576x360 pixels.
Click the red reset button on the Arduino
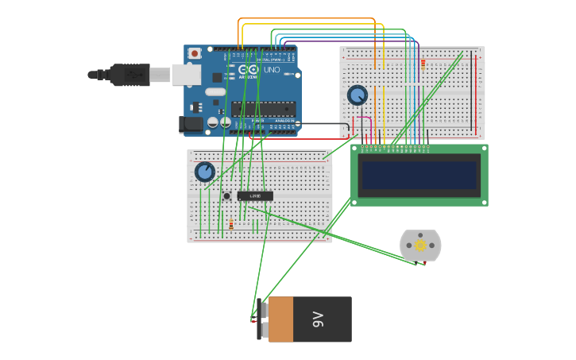click(x=195, y=53)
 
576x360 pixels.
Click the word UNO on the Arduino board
click(x=271, y=70)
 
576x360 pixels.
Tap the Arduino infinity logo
click(x=242, y=70)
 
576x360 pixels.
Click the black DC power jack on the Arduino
click(x=191, y=124)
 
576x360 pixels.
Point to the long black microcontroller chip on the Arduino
click(x=264, y=109)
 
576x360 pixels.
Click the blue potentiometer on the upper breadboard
click(x=358, y=95)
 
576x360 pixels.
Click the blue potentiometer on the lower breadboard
click(x=205, y=172)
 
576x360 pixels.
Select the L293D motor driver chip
click(x=255, y=195)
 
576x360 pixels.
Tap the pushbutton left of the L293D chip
click(x=226, y=195)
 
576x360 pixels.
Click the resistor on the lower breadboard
click(x=231, y=224)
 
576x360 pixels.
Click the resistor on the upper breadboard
click(x=423, y=64)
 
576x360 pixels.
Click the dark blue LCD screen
click(x=419, y=175)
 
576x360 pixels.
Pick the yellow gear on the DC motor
click(x=420, y=246)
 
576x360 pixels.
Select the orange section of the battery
click(x=280, y=319)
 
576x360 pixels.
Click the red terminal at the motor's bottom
click(x=425, y=261)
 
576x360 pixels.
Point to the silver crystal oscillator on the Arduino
click(x=215, y=91)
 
